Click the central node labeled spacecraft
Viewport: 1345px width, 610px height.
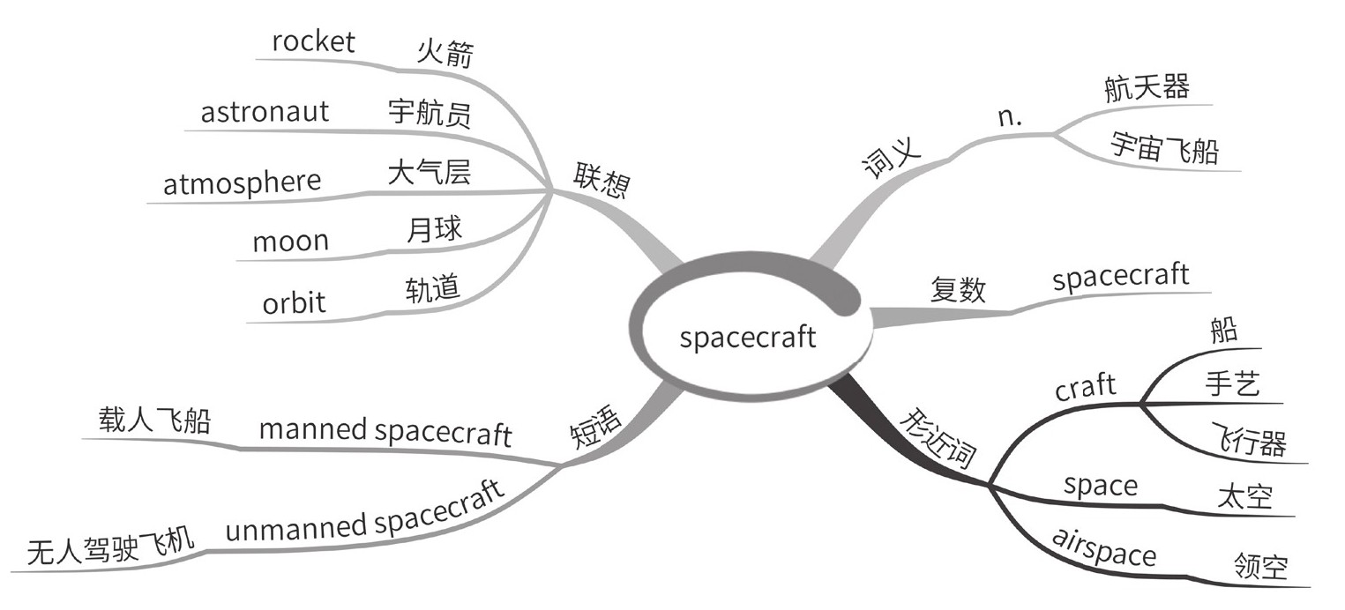click(x=748, y=338)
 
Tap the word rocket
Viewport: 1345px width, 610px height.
click(x=313, y=41)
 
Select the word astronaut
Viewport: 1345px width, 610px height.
click(x=265, y=112)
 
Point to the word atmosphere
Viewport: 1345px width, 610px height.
click(x=242, y=182)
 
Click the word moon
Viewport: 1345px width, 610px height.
click(x=290, y=241)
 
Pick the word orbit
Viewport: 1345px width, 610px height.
click(x=294, y=302)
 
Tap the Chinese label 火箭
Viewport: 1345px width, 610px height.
click(x=445, y=54)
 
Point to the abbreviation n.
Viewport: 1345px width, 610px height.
click(x=1010, y=117)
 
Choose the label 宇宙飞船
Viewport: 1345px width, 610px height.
click(x=1164, y=148)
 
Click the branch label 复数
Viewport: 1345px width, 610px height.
click(x=958, y=290)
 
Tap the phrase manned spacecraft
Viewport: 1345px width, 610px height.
click(x=385, y=432)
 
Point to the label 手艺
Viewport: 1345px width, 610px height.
click(x=1232, y=384)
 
